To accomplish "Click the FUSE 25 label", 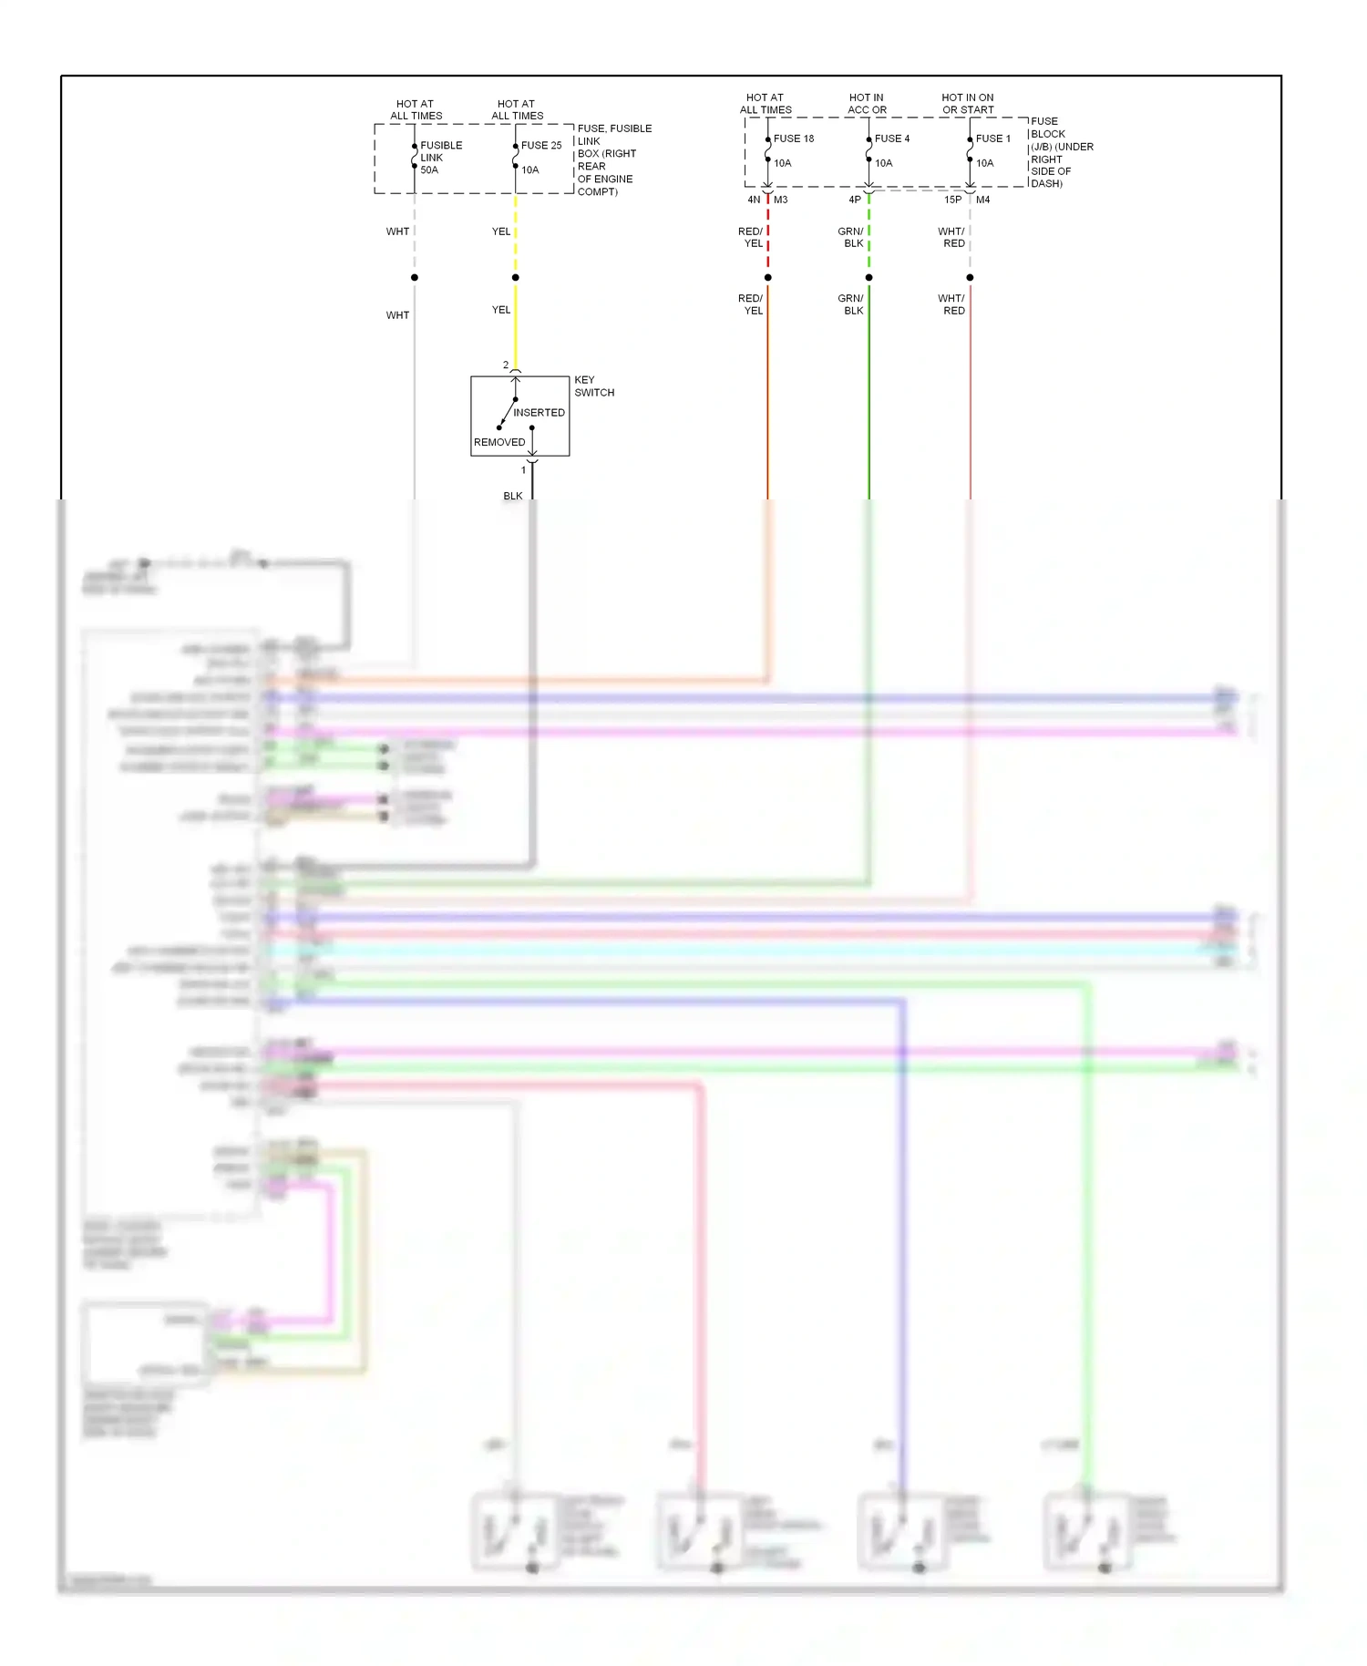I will [541, 145].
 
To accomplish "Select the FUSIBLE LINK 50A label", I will [440, 158].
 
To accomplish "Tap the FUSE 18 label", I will [794, 139].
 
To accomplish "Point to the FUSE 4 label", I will [892, 139].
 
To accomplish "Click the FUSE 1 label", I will [993, 139].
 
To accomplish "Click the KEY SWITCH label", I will [593, 386].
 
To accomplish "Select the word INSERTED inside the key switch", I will [539, 413].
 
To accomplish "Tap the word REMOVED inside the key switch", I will [499, 442].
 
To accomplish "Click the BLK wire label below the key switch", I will [513, 496].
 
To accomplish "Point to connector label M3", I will [781, 200].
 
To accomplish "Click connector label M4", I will [983, 200].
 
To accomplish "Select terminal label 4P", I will [855, 200].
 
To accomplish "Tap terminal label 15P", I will [952, 200].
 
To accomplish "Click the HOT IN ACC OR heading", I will [867, 104].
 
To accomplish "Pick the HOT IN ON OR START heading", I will [968, 104].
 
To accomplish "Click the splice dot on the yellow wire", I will [516, 277].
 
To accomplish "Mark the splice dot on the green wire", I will [869, 277].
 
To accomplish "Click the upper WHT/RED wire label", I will [951, 238].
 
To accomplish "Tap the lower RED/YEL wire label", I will [751, 304].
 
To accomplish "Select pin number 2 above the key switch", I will [506, 365].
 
